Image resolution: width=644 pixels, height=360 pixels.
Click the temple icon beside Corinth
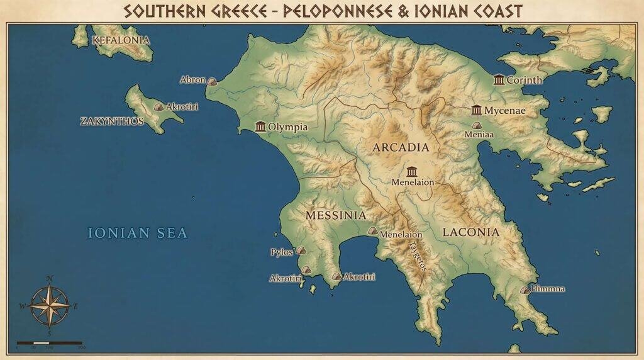point(499,80)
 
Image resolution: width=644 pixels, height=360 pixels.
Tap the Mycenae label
point(505,111)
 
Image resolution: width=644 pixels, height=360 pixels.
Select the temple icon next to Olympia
point(260,127)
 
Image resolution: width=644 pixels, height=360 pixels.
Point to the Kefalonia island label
point(121,40)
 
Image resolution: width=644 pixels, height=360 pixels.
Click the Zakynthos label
point(112,121)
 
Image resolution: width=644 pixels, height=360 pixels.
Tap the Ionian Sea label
point(137,233)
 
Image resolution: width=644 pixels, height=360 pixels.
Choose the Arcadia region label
point(401,147)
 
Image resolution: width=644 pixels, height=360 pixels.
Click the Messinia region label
point(335,215)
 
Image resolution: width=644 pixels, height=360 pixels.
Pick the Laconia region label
point(470,232)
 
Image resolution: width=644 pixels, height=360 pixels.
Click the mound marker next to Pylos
point(301,250)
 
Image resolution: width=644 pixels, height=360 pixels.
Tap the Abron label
point(192,80)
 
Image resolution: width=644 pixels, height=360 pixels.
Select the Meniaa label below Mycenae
point(479,134)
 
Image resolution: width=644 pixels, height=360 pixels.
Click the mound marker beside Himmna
point(525,290)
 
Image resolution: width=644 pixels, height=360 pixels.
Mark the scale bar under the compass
point(49,343)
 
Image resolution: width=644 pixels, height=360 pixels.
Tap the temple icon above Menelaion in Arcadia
point(412,172)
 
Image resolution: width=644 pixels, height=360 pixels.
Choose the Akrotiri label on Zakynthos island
point(182,107)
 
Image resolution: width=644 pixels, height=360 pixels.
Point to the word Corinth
point(524,80)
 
